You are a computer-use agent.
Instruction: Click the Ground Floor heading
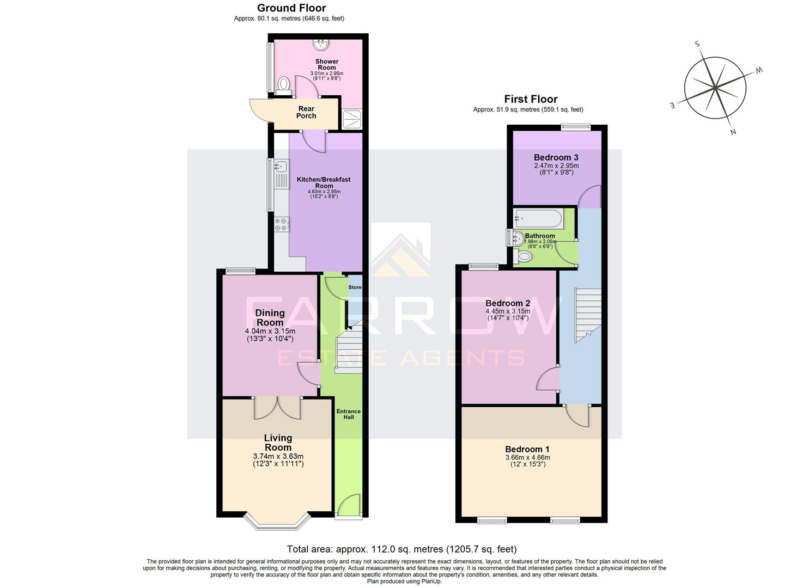291,8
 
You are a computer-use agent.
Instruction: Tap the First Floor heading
531,99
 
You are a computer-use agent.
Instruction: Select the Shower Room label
327,64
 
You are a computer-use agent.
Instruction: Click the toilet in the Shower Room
283,84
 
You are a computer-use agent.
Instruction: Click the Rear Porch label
306,112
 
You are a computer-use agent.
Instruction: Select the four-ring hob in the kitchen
282,224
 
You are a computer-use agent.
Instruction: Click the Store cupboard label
355,287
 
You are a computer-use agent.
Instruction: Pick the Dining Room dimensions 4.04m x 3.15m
270,331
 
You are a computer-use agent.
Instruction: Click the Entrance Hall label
349,414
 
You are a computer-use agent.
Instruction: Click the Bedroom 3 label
556,157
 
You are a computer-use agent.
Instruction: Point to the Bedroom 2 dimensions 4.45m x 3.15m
508,311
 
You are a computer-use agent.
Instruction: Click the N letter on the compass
733,132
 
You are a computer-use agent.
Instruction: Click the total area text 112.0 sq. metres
402,549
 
